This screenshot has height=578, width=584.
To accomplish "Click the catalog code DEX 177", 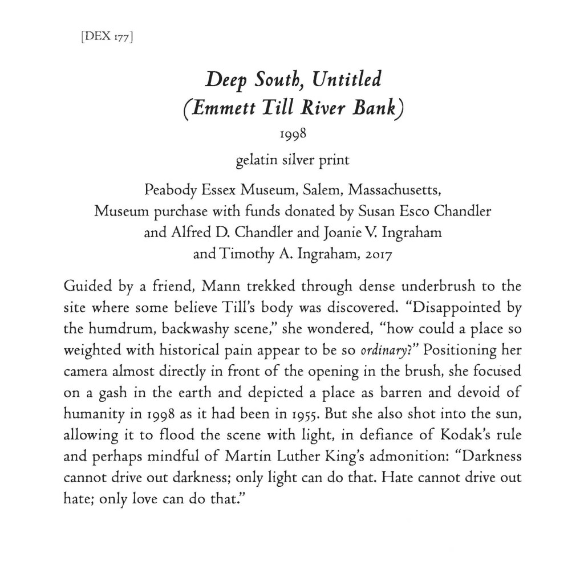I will coord(109,39).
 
